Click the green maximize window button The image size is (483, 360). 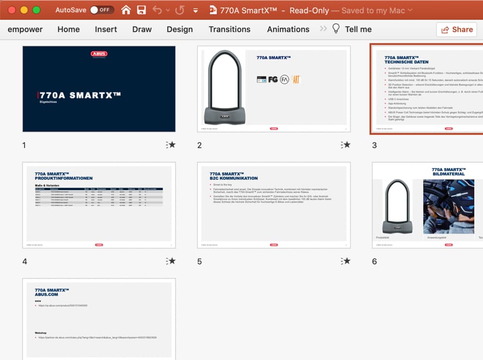(36, 10)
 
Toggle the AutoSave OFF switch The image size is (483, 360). (102, 10)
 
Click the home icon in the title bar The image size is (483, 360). (126, 10)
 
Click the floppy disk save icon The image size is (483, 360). (141, 10)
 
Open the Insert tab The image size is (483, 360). (106, 29)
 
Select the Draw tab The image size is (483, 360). (142, 29)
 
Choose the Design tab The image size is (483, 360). (179, 29)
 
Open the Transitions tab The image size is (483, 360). (229, 29)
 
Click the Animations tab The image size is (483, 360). (288, 29)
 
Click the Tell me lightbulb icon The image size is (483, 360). (336, 29)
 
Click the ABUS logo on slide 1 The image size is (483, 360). (99, 54)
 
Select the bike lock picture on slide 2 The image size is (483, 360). (222, 87)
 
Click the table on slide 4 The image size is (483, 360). (99, 197)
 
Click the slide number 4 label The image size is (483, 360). (25, 261)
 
